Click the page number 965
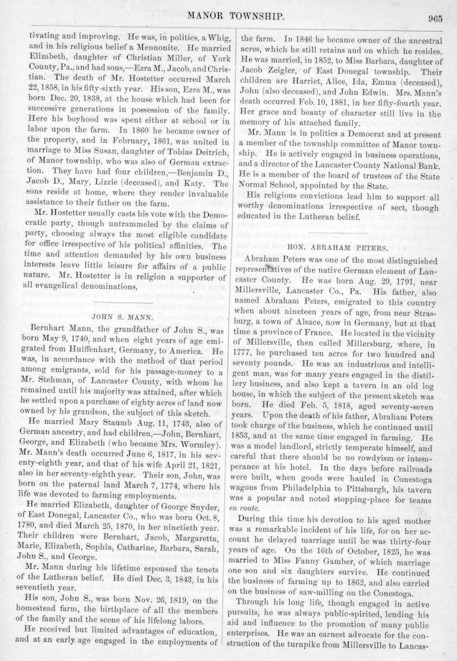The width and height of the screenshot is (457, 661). click(x=435, y=19)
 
